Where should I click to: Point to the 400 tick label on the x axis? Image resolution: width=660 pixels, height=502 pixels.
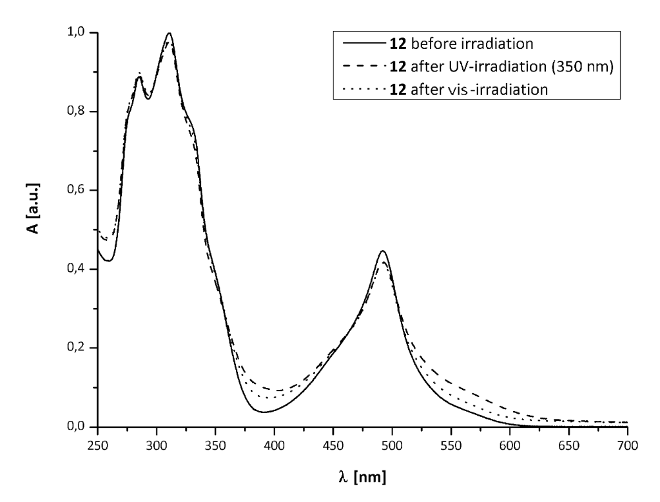click(275, 446)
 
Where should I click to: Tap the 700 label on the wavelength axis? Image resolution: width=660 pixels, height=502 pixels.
click(627, 446)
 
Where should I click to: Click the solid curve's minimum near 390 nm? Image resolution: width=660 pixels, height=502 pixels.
click(263, 412)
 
